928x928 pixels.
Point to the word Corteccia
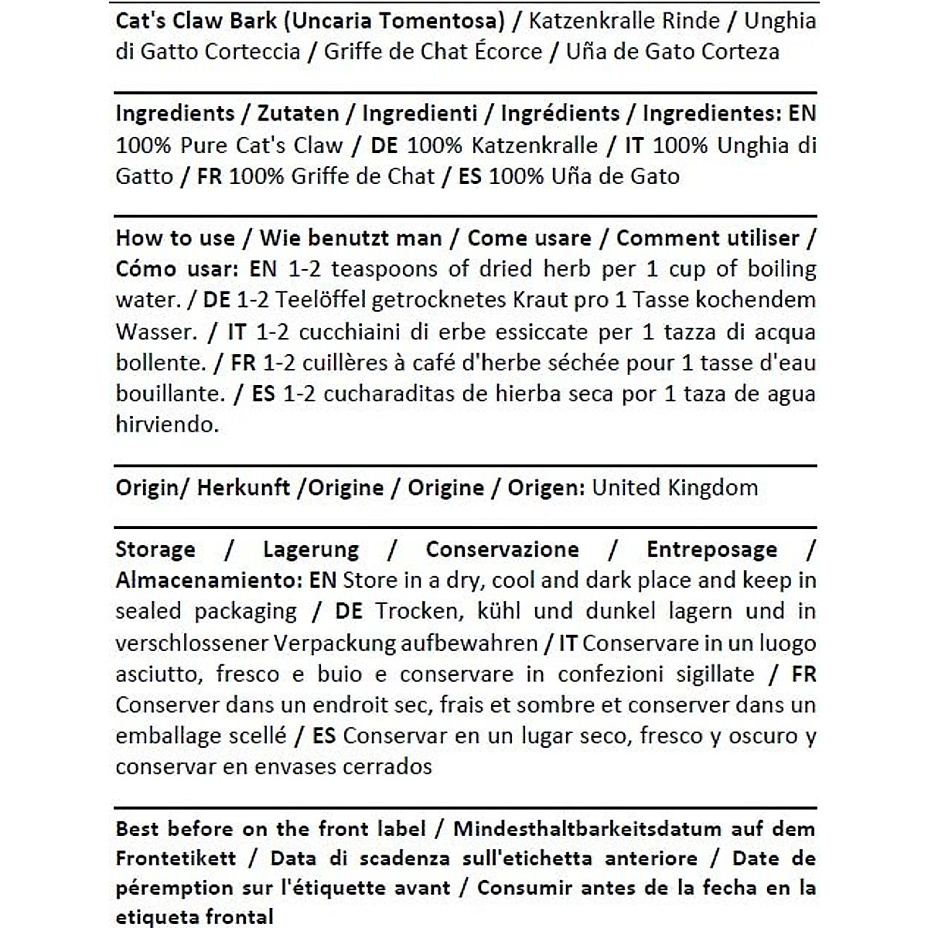[x=251, y=52]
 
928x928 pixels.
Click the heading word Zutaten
[x=298, y=114]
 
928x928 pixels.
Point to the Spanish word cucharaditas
[x=388, y=394]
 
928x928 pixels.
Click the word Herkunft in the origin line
[x=244, y=488]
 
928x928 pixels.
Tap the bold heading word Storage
[x=155, y=550]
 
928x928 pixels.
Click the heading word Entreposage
[x=711, y=550]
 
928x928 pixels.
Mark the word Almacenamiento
[x=207, y=581]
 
